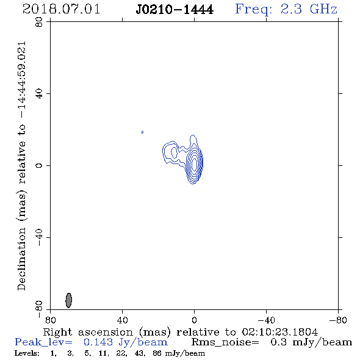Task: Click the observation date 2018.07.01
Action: coord(61,9)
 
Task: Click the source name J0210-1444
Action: coord(175,10)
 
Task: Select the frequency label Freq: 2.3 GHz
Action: coord(286,9)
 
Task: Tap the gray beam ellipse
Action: coord(69,300)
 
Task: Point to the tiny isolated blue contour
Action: coord(142,132)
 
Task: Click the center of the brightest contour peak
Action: coord(195,164)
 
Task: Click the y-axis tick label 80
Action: coord(39,22)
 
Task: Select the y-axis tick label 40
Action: coord(39,94)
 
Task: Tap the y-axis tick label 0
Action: coord(39,165)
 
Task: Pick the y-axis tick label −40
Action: coord(39,237)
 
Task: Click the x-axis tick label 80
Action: coord(50,320)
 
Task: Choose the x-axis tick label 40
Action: coord(122,320)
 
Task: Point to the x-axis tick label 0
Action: coord(194,320)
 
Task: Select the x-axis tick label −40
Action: coord(266,320)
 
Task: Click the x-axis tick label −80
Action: coord(338,320)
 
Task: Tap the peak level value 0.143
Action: coord(98,342)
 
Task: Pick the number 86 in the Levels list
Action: coord(157,353)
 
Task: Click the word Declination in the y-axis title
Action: coord(21,259)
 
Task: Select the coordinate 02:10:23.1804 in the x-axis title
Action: coord(280,332)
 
